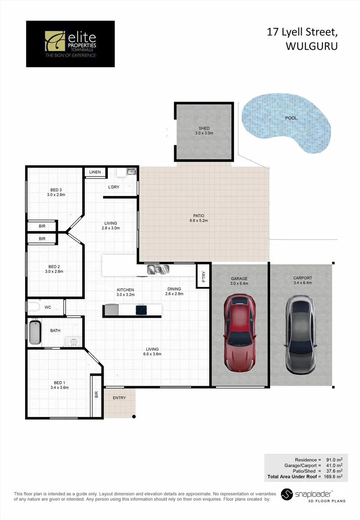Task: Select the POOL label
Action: click(291, 118)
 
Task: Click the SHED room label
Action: click(204, 129)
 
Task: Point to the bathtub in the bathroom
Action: click(34, 332)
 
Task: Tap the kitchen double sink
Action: click(157, 270)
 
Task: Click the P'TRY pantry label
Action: click(204, 276)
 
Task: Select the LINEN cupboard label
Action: click(95, 172)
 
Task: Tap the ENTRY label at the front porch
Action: click(119, 398)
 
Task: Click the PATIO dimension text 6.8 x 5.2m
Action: click(199, 221)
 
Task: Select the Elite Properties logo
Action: click(70, 44)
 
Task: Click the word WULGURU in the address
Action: click(311, 46)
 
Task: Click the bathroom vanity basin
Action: click(73, 342)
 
